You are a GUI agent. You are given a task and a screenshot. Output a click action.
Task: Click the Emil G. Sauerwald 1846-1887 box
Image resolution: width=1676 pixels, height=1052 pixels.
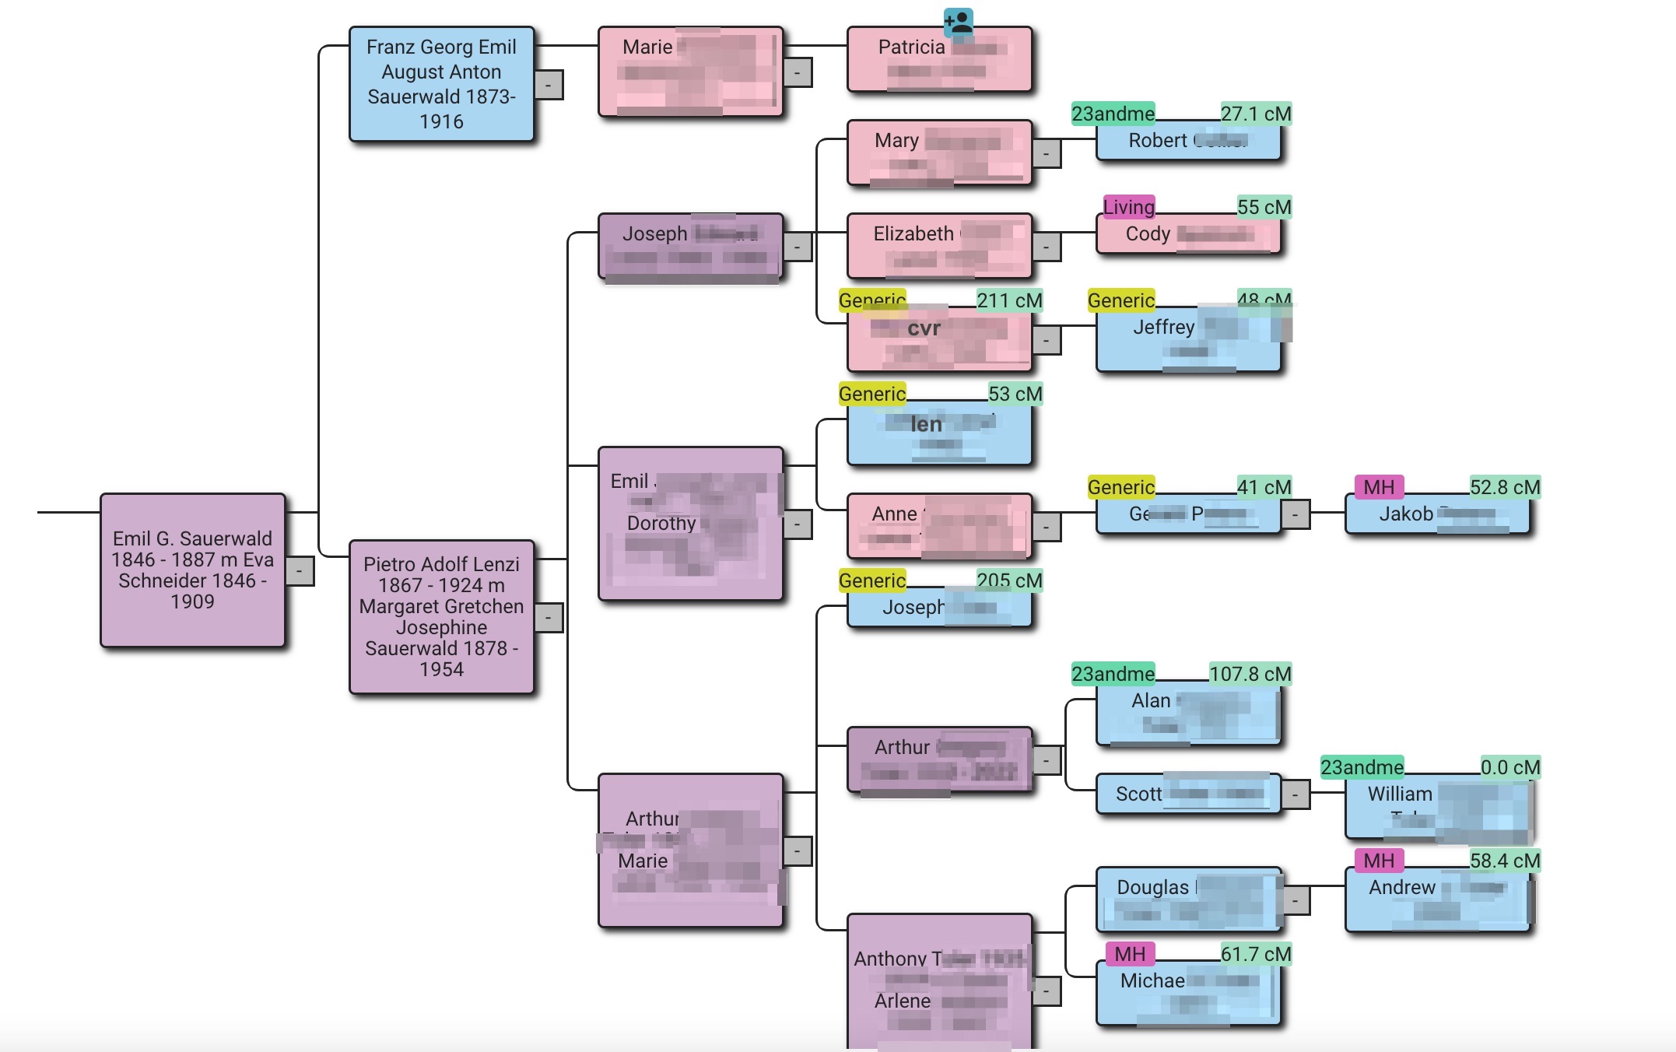point(192,570)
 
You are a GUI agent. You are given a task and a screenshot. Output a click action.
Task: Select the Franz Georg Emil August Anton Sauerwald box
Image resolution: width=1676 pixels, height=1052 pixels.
point(441,84)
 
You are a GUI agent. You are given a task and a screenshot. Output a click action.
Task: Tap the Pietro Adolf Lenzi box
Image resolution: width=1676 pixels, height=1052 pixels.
point(441,616)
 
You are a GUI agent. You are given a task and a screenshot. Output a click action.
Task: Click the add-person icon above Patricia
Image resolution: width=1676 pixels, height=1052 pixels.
point(958,22)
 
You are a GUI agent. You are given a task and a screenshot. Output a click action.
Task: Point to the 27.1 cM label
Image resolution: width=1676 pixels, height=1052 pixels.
point(1255,114)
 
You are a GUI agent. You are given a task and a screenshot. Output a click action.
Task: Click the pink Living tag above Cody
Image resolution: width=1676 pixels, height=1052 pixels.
point(1128,207)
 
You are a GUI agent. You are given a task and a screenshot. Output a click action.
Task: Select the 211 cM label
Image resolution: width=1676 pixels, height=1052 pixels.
point(1009,300)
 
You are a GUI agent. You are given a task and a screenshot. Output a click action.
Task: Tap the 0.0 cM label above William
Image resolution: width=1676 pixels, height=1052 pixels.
point(1509,767)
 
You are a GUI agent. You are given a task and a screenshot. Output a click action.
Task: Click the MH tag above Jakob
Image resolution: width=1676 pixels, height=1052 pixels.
point(1379,487)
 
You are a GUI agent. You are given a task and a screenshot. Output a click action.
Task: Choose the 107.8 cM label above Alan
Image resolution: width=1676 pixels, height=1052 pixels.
point(1250,674)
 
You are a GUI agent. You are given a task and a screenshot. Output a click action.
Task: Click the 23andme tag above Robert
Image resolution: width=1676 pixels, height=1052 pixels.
point(1113,114)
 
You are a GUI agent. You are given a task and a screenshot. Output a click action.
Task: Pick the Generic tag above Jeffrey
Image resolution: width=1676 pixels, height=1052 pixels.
point(1120,300)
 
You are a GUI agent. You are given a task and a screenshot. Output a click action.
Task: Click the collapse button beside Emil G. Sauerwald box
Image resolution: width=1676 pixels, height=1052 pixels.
point(300,571)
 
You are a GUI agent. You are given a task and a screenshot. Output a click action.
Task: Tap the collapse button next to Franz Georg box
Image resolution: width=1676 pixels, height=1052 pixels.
point(549,84)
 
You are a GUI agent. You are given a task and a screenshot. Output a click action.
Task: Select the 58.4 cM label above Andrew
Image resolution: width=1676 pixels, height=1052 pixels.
point(1504,861)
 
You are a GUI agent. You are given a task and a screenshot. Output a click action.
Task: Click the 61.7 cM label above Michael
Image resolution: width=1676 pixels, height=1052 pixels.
point(1255,954)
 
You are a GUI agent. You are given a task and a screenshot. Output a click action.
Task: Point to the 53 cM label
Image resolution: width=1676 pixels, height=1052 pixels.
point(1015,394)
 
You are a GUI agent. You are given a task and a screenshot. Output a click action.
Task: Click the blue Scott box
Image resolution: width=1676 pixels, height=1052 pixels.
point(1187,794)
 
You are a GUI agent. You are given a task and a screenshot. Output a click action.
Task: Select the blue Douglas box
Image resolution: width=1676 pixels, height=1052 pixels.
point(1187,899)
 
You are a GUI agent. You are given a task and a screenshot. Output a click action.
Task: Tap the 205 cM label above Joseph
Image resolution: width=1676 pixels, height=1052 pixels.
point(1009,580)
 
